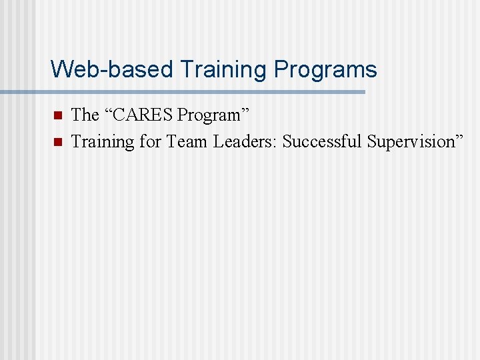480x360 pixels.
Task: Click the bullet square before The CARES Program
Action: (x=57, y=115)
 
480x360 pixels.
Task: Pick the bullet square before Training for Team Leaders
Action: (x=57, y=141)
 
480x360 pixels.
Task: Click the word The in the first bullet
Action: (x=85, y=115)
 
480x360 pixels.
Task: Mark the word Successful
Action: (x=322, y=141)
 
